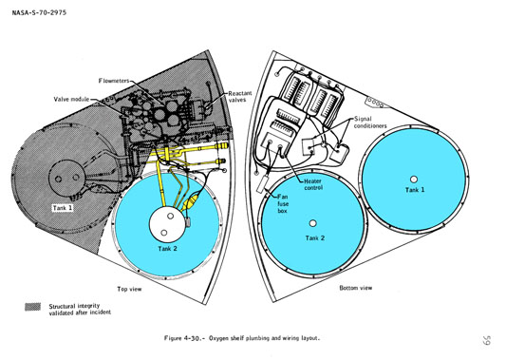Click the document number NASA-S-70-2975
[39, 12]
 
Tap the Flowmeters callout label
[114, 81]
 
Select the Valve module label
[71, 99]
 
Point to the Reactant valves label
[240, 97]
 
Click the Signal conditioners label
[370, 123]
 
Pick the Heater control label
[313, 184]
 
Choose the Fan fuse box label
[283, 203]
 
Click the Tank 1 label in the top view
[63, 208]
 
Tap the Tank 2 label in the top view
[167, 248]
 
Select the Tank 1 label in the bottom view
[415, 190]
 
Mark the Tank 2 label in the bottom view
[315, 238]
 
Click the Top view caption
[129, 289]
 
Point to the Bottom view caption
[356, 288]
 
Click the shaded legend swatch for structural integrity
[33, 307]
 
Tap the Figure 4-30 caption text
[242, 338]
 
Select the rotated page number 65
[487, 340]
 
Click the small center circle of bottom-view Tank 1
[414, 180]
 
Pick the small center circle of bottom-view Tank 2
[312, 223]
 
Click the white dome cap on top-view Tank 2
[167, 224]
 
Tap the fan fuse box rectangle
[262, 184]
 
